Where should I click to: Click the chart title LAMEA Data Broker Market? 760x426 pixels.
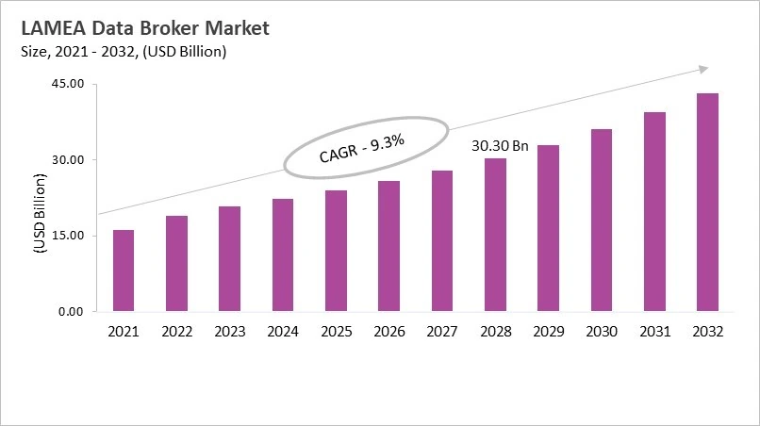pos(144,28)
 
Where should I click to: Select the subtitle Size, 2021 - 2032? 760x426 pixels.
pos(123,52)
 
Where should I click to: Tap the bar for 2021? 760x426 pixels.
pos(124,270)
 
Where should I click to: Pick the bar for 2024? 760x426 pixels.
pos(283,255)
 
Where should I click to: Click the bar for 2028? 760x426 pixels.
pos(495,235)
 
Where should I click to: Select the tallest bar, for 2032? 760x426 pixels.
pos(707,203)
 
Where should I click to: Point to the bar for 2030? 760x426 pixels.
pos(602,220)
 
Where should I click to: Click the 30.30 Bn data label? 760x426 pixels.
pos(500,147)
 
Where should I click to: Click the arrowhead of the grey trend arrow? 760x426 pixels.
pos(702,69)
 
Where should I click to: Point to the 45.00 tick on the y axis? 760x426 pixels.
pos(68,84)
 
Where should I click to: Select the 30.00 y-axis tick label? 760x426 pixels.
pos(68,160)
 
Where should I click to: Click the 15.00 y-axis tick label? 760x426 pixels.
pos(68,236)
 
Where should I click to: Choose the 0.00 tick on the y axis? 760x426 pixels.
pos(72,311)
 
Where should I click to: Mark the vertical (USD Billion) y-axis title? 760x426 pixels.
pos(41,215)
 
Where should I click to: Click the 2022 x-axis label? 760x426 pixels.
pos(176,332)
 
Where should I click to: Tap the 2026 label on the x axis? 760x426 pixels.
pos(388,332)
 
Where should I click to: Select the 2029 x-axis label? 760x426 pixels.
pos(548,332)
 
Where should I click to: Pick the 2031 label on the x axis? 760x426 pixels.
pos(654,332)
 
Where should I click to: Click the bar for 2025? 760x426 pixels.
pos(336,251)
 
